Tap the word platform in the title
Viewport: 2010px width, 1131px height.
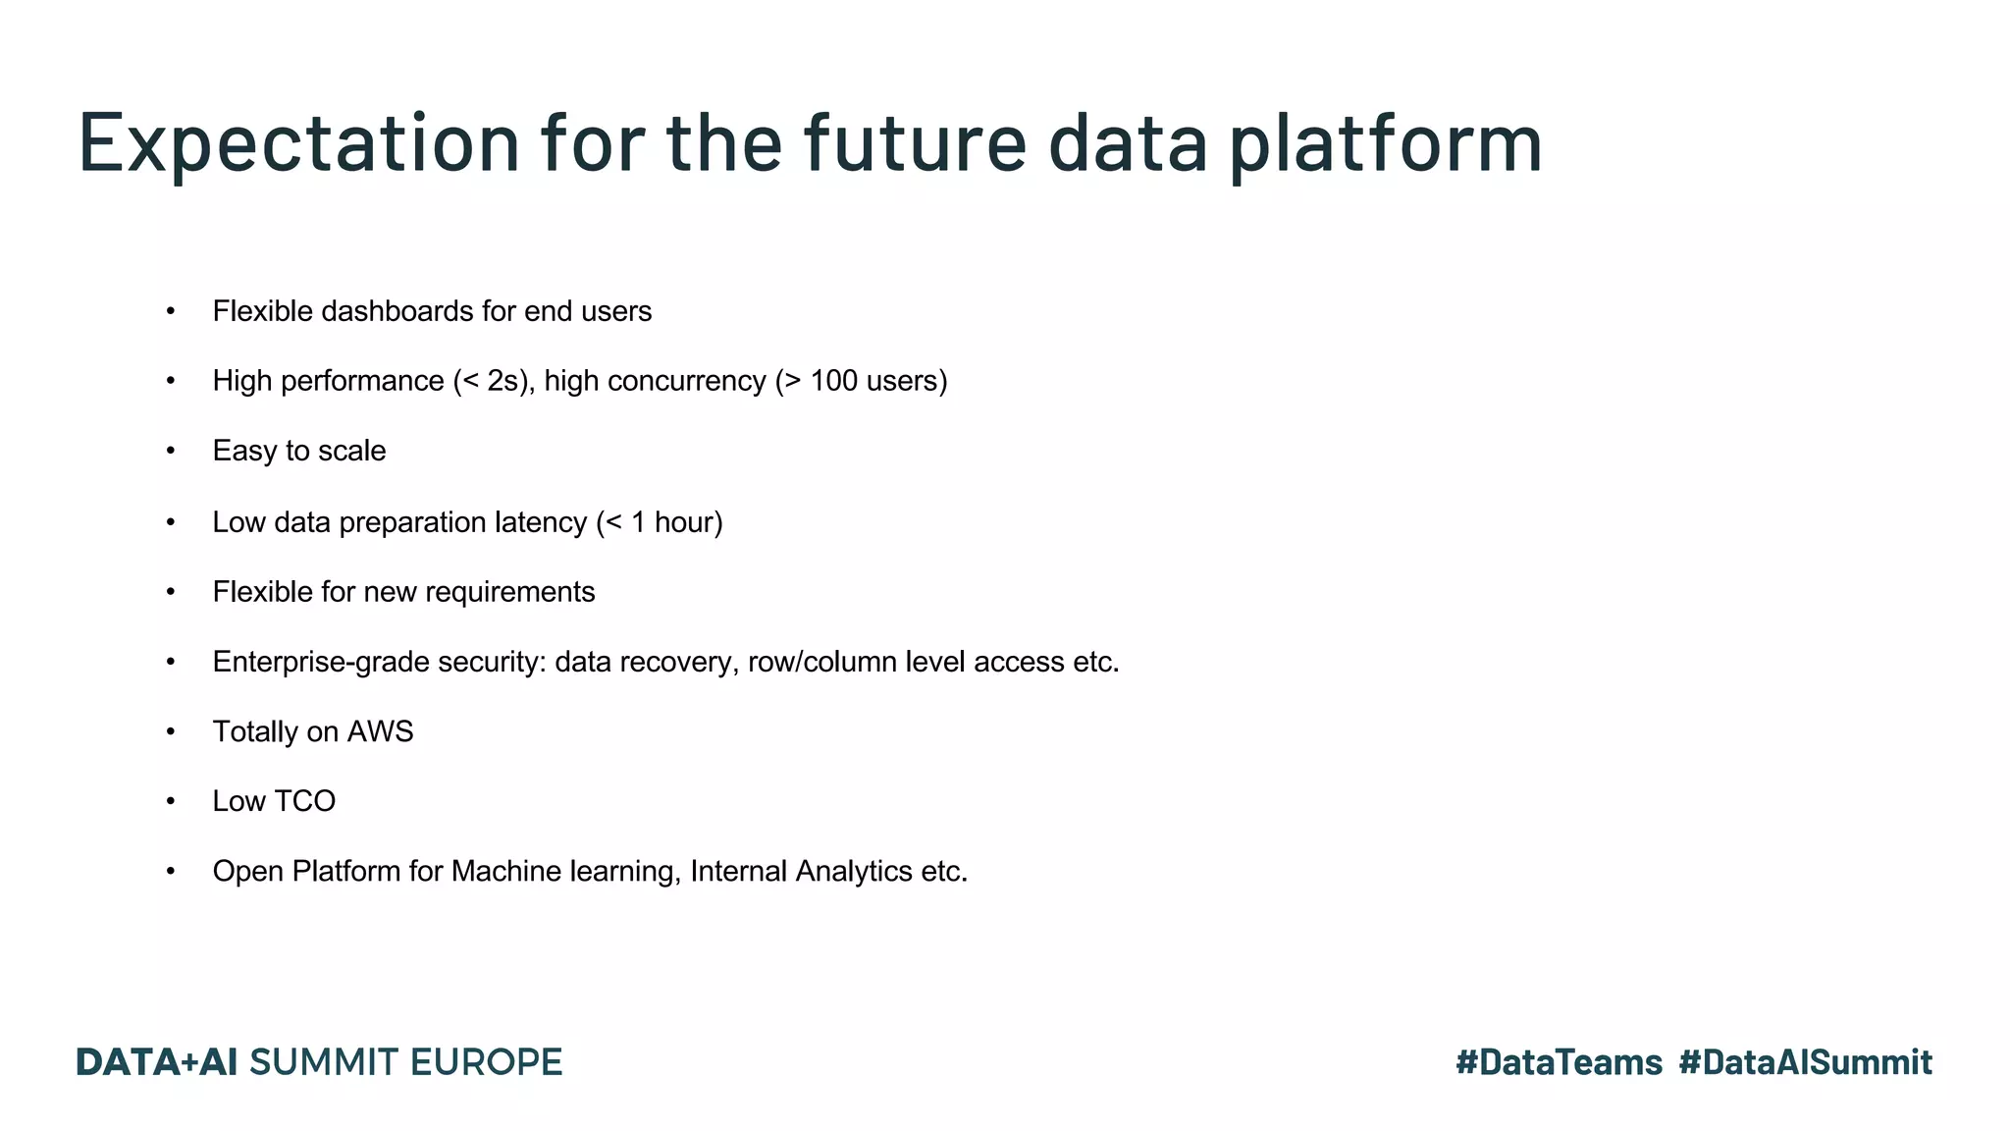1386,144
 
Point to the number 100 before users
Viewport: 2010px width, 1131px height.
833,381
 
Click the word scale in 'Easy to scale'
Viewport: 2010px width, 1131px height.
352,451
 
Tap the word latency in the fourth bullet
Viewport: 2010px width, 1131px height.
540,522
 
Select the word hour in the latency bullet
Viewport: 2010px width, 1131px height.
683,522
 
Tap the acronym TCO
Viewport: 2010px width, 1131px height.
304,801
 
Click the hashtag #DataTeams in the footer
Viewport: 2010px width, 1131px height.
1559,1062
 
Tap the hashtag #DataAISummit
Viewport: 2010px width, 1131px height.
1805,1062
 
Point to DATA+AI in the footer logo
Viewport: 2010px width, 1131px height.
157,1062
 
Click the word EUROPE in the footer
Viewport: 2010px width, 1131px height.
486,1062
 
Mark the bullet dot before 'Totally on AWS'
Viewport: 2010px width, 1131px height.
171,731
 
